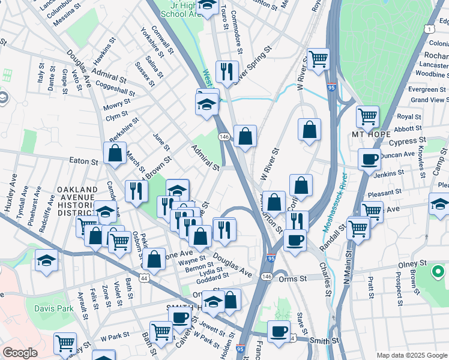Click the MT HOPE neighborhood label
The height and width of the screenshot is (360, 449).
click(372, 133)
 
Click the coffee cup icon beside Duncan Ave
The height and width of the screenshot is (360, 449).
click(369, 159)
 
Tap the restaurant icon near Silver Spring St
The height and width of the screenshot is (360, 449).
click(227, 71)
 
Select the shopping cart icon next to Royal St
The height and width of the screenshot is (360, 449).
click(367, 116)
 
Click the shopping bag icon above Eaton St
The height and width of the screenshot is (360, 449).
click(115, 152)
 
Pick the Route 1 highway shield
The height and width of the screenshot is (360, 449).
click(429, 28)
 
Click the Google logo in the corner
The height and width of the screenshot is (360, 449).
click(20, 352)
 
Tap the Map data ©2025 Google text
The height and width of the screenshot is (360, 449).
click(412, 355)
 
